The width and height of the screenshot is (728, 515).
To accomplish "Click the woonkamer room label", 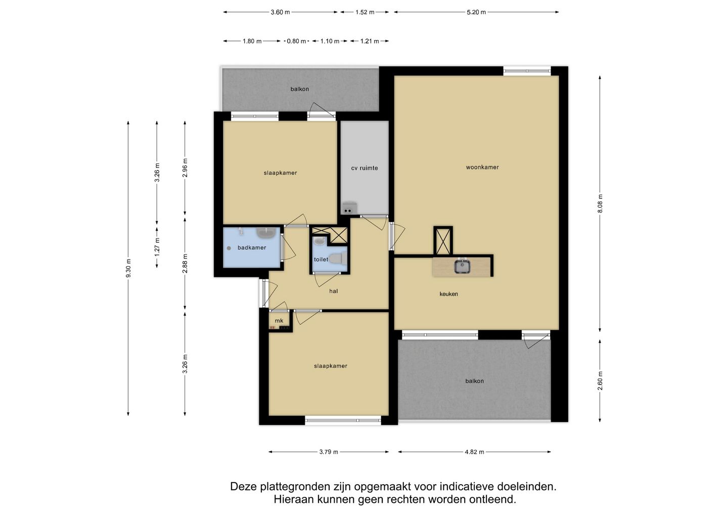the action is point(482,167).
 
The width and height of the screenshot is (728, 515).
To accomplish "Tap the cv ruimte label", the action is point(365,168).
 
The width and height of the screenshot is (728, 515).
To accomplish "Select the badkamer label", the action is point(252,248).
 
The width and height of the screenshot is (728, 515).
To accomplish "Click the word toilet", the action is point(321,260).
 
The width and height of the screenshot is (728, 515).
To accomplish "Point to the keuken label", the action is point(448,294).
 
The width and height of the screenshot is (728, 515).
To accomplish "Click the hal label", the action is point(334,291).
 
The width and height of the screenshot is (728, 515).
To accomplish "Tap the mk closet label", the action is point(279,321).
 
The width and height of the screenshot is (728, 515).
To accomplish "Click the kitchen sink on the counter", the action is point(462,266).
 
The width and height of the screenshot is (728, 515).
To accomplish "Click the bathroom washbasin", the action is point(266,233).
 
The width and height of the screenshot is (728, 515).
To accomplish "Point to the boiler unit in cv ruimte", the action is point(349,208).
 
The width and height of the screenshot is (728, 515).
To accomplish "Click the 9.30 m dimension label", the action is point(128,268).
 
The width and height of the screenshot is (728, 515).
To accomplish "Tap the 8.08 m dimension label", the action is point(600,203).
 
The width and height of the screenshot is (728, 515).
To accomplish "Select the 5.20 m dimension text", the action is point(476,12).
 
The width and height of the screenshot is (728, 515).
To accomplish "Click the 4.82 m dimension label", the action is point(475,452).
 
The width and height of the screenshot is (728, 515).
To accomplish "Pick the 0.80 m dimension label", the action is point(296,41).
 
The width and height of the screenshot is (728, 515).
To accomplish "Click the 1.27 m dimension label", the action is point(157,247).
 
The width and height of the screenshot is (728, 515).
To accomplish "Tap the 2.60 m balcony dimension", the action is point(600,381).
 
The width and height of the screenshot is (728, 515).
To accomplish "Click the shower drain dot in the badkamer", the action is point(229,248).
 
